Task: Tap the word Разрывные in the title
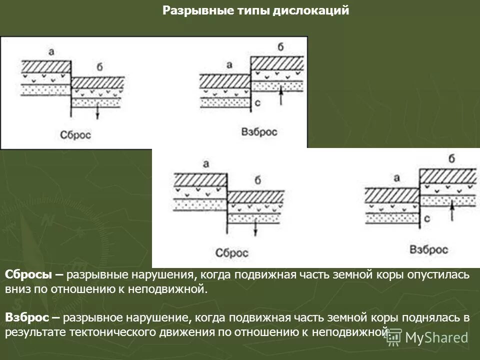[x=191, y=11]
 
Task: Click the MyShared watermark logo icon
[x=393, y=337]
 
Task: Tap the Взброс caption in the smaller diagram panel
[x=259, y=132]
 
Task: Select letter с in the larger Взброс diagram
[x=427, y=219]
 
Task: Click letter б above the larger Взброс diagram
[x=451, y=159]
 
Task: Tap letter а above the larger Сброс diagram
[x=205, y=163]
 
